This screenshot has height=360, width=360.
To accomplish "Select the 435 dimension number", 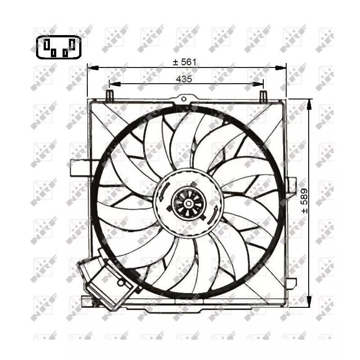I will click(x=184, y=79).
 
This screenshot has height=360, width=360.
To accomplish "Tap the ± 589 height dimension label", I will click(x=305, y=201).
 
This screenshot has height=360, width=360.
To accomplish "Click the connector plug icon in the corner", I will click(x=59, y=47).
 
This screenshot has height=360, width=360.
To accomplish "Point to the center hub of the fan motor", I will click(x=187, y=204).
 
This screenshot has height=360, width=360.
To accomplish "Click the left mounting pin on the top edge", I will click(x=109, y=95).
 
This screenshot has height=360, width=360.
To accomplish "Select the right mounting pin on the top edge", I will click(x=264, y=95).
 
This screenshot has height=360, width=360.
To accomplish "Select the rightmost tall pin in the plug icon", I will click(x=72, y=44).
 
